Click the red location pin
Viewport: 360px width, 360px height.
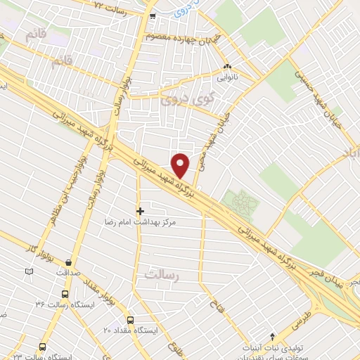(181, 166)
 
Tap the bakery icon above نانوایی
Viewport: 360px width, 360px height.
(226, 67)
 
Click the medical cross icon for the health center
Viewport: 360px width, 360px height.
(140, 210)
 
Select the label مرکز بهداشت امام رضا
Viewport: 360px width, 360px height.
(138, 221)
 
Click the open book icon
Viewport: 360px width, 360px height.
(29, 271)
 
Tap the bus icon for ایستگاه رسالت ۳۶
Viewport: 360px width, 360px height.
(65, 295)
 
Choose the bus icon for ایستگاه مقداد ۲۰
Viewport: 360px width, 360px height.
(130, 319)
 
